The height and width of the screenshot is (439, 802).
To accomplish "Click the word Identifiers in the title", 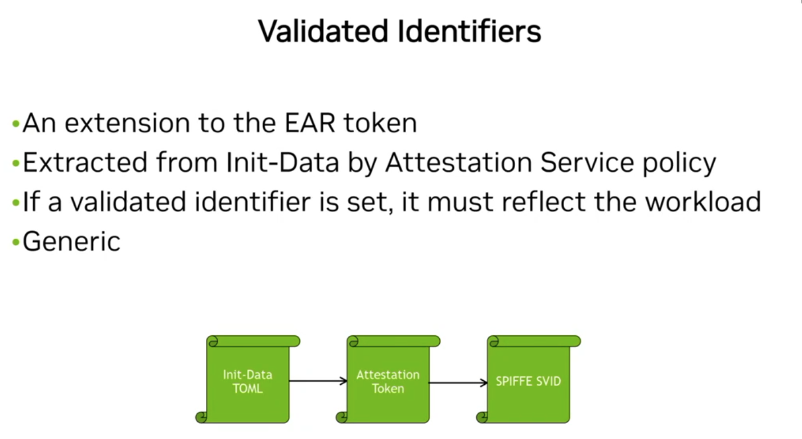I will tap(469, 31).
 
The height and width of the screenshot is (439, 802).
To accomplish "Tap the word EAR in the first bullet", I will tap(307, 123).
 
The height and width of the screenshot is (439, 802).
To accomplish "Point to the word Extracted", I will tap(83, 163).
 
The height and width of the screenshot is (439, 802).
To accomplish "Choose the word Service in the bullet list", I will tap(586, 163).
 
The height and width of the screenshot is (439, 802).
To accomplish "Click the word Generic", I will tap(71, 242).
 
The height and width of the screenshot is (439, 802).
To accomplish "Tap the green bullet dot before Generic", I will tap(15, 242).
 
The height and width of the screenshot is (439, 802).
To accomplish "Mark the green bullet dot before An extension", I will tap(15, 124).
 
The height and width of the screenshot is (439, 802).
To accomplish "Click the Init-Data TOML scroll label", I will tap(248, 381).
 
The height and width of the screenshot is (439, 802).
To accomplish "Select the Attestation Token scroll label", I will tap(388, 381).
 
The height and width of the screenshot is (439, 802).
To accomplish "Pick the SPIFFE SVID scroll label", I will tap(528, 381).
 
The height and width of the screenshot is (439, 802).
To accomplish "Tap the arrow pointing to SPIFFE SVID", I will tap(457, 383).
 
